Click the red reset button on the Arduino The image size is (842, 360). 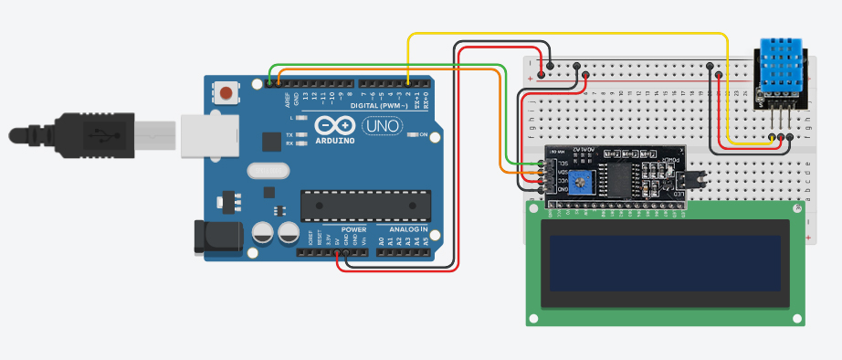click(x=226, y=92)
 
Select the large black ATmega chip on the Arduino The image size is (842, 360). click(x=364, y=206)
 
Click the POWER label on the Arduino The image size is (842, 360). click(x=353, y=228)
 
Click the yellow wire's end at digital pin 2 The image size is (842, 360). click(x=407, y=83)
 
